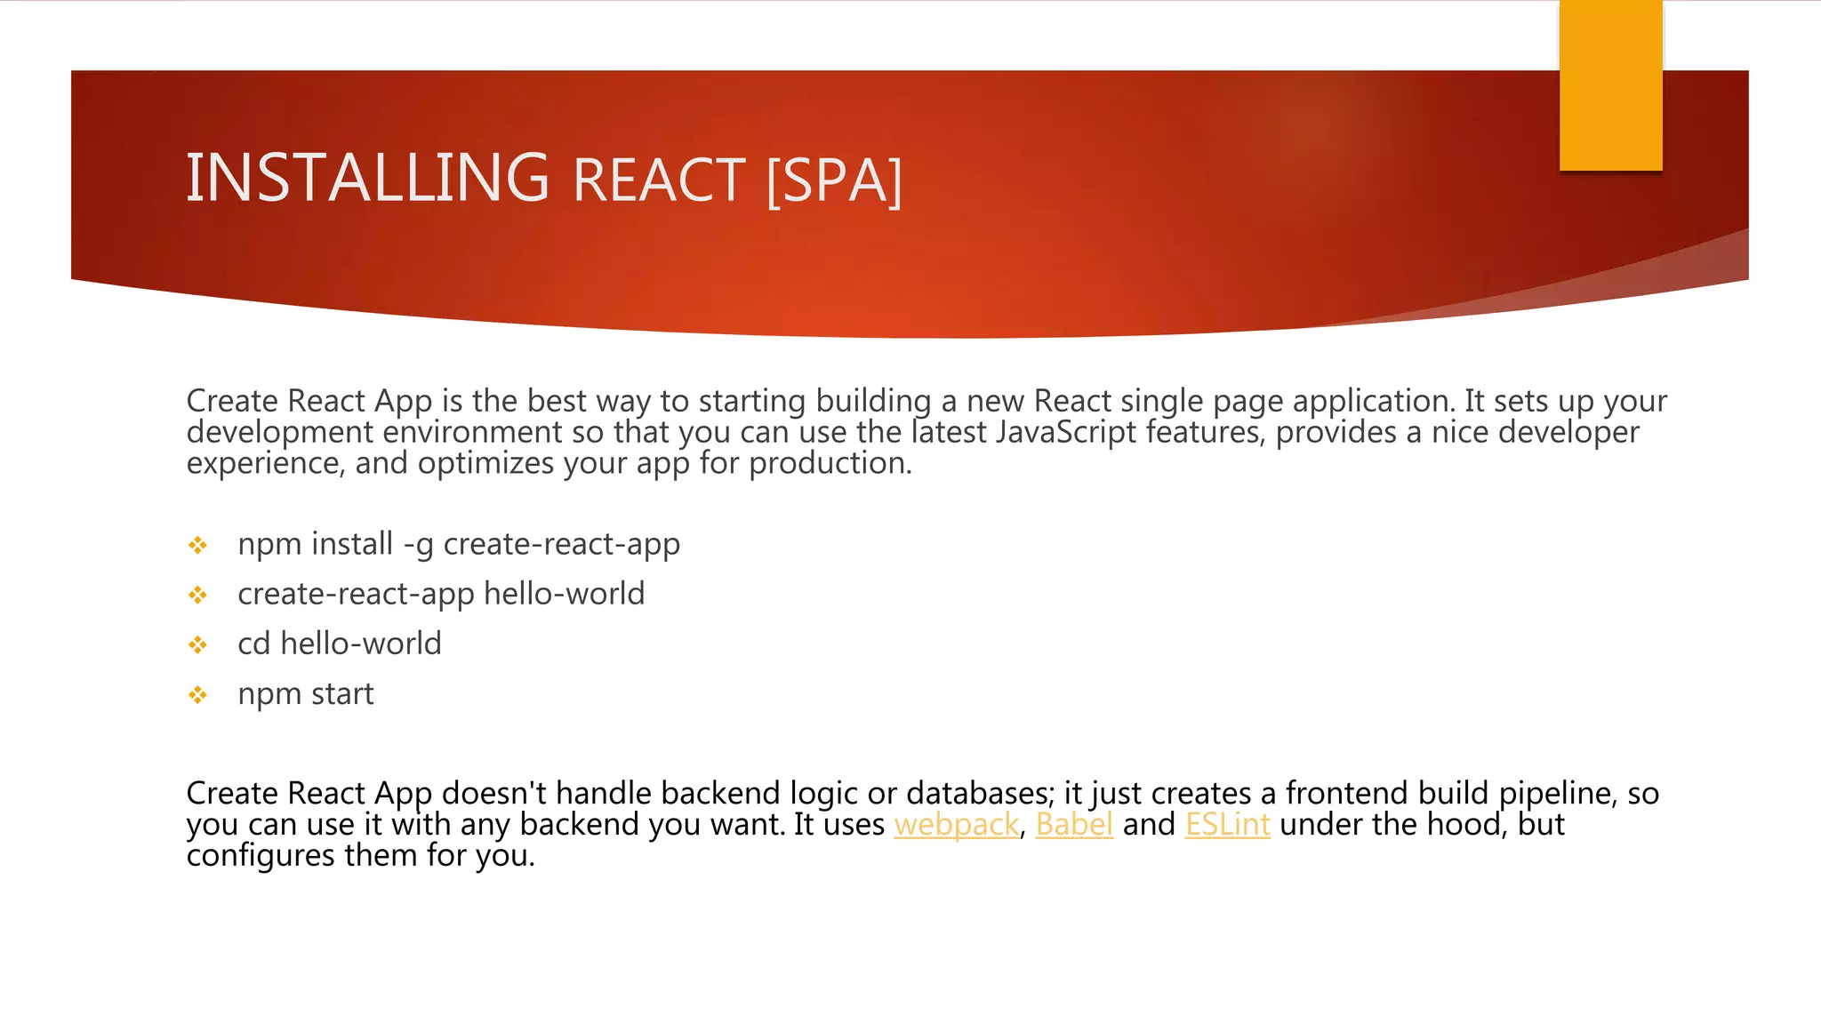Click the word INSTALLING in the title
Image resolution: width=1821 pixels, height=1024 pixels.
(x=367, y=179)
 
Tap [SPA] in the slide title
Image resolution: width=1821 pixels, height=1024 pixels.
(x=833, y=181)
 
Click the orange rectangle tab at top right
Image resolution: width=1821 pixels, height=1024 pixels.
(x=1610, y=85)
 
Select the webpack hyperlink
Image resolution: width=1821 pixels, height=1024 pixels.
(x=956, y=825)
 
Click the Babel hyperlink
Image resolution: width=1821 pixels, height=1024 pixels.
(x=1074, y=825)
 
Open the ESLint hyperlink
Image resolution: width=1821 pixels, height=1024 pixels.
(x=1227, y=825)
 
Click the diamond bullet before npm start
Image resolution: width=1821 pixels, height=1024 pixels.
(x=198, y=694)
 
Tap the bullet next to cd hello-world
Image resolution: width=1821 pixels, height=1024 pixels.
(x=198, y=644)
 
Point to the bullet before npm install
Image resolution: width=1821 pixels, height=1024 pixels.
(x=198, y=545)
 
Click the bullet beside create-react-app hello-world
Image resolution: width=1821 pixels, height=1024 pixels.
(x=198, y=595)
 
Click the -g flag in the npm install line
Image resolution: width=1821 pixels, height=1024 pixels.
(x=418, y=545)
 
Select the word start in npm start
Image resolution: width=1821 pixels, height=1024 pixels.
(x=342, y=694)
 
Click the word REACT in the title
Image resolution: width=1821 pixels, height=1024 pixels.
(x=659, y=181)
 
